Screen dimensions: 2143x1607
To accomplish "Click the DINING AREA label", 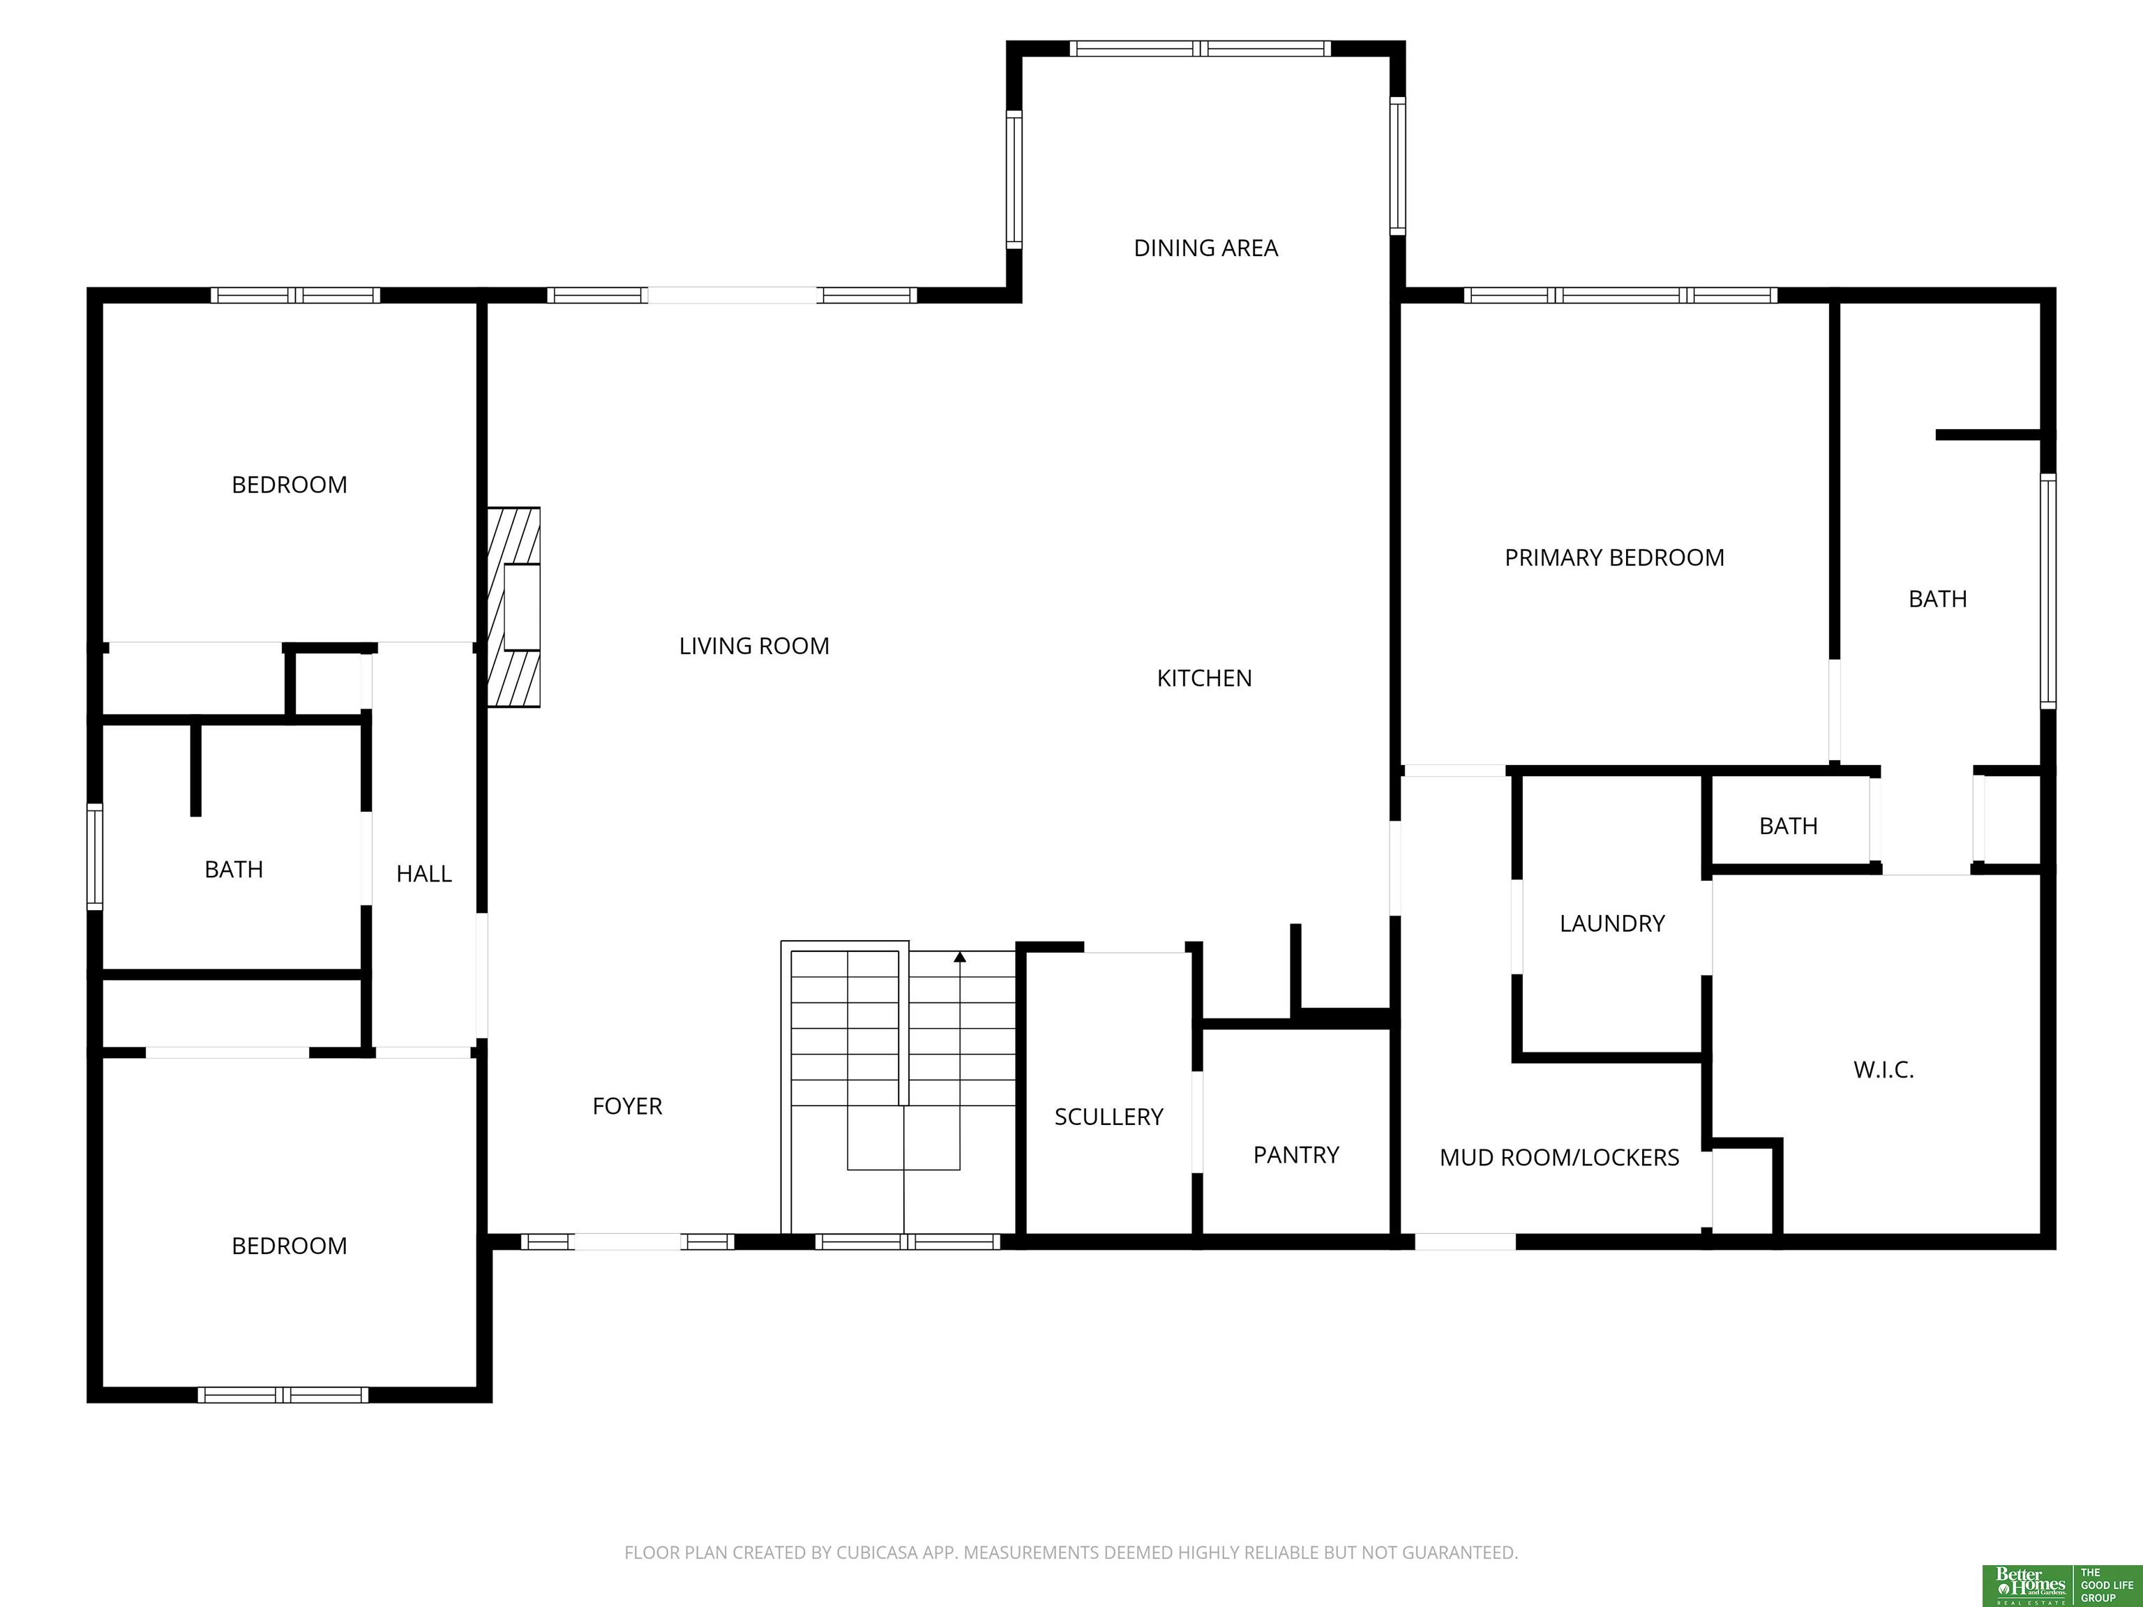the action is [1205, 248].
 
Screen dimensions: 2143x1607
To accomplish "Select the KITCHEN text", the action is [1204, 678].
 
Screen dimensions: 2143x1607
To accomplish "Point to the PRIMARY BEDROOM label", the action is [1614, 558].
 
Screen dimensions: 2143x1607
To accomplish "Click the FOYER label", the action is [627, 1106].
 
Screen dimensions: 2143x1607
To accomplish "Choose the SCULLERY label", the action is [1108, 1117].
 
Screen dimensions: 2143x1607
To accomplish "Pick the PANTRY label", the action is [1295, 1154].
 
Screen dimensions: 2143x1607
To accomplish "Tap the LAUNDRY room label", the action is [1612, 923].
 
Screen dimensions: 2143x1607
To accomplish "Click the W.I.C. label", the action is [1883, 1069].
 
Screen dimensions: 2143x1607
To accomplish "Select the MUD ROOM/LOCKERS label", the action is [1559, 1158].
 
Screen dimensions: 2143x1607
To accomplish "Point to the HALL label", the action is [423, 874].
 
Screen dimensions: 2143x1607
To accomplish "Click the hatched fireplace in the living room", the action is [513, 608].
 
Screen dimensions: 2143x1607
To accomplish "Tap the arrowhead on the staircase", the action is [960, 957].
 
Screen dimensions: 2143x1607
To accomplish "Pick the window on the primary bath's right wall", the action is [2048, 591].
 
